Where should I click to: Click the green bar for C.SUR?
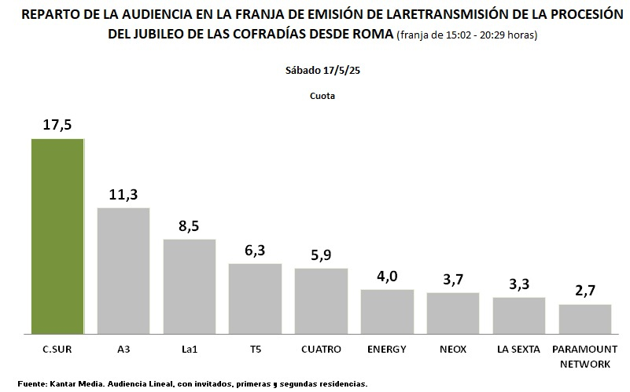click(57, 236)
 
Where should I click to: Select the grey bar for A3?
click(123, 270)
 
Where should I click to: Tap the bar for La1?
click(190, 286)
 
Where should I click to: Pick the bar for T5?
click(256, 299)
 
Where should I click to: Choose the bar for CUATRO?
click(321, 301)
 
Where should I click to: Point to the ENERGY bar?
click(387, 311)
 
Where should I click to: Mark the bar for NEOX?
click(453, 313)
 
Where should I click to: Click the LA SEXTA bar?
click(519, 315)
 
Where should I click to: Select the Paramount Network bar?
click(585, 318)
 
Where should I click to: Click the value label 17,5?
click(57, 125)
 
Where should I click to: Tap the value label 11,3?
click(123, 194)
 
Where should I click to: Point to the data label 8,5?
click(190, 225)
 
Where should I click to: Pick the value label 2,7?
click(585, 291)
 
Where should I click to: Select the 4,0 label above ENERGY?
click(387, 276)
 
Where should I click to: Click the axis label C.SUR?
click(57, 349)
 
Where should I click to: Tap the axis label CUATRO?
click(321, 349)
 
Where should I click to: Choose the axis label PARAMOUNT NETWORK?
click(585, 356)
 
